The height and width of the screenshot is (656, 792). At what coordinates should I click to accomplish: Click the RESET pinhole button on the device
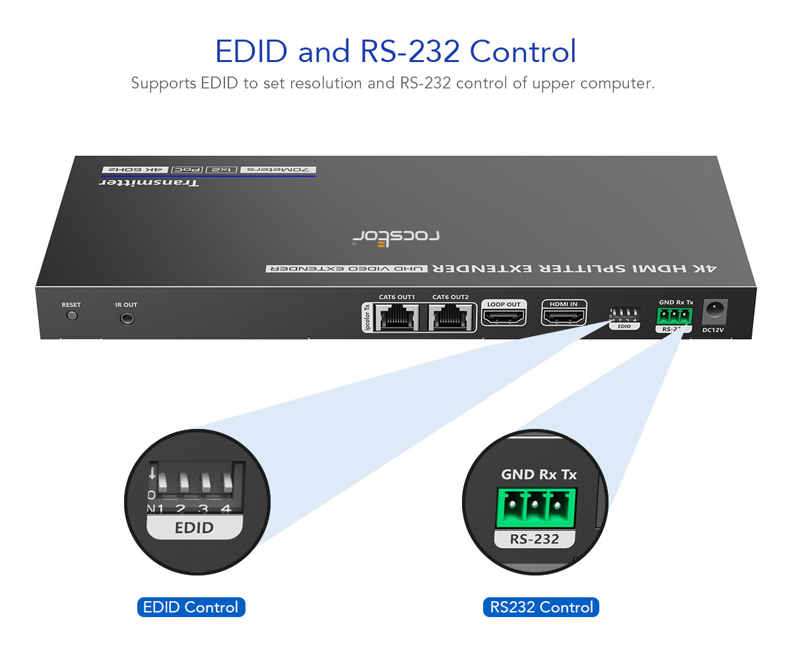[x=72, y=315]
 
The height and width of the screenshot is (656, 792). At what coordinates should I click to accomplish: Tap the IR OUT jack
[x=127, y=318]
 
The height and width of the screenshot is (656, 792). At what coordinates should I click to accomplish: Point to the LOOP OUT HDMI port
[x=504, y=316]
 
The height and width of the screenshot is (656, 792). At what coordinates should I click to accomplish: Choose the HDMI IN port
[x=564, y=316]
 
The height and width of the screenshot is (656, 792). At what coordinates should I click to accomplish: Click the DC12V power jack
[x=713, y=309]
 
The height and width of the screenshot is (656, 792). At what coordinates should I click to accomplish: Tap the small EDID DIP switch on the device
[x=624, y=313]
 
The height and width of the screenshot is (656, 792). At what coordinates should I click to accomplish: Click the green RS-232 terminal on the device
[x=674, y=317]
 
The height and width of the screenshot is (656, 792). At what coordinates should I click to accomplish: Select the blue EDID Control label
[x=191, y=607]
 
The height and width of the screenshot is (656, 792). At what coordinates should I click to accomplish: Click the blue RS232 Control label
[x=541, y=607]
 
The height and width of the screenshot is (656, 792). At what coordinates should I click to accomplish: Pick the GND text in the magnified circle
[x=519, y=475]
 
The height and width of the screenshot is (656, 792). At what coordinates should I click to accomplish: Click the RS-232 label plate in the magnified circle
[x=535, y=539]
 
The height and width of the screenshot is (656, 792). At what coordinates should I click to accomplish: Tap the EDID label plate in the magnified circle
[x=193, y=528]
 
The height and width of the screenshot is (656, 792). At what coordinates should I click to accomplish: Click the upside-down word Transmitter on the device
[x=149, y=182]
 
